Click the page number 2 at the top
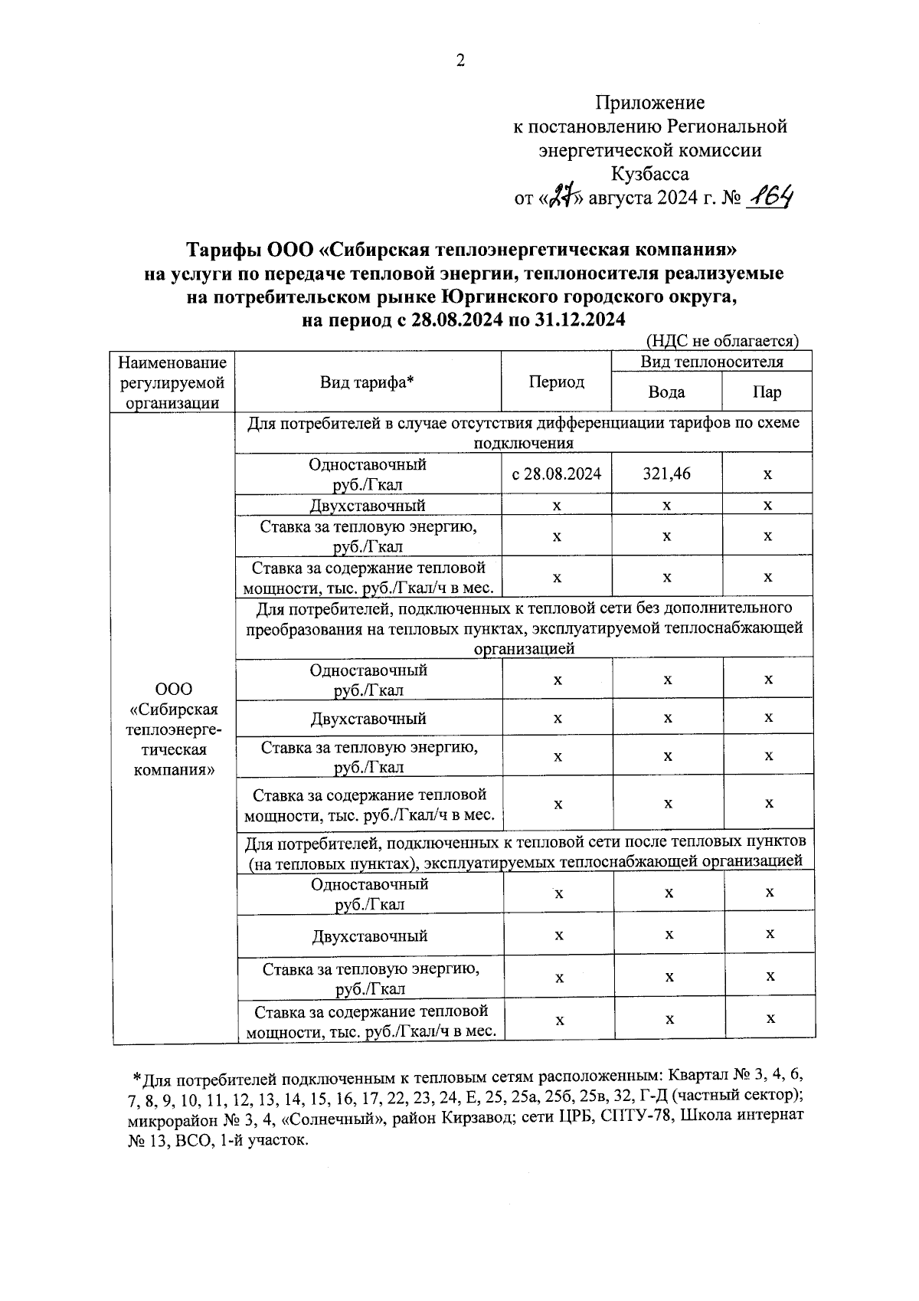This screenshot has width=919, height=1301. coord(460,61)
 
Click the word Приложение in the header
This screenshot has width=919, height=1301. coord(650,103)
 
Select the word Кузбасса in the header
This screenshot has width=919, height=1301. coord(650,174)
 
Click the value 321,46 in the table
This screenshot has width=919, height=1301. coord(666,474)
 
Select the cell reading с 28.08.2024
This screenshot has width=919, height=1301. coord(557,474)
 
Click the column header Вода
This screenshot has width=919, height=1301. coord(666,392)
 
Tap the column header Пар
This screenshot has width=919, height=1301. coord(767,392)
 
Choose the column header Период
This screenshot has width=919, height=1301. coord(557,382)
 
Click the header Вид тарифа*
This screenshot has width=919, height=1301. coord(367,382)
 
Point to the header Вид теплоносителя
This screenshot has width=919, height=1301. coord(711,362)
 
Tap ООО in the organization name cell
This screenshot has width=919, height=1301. coord(173,690)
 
